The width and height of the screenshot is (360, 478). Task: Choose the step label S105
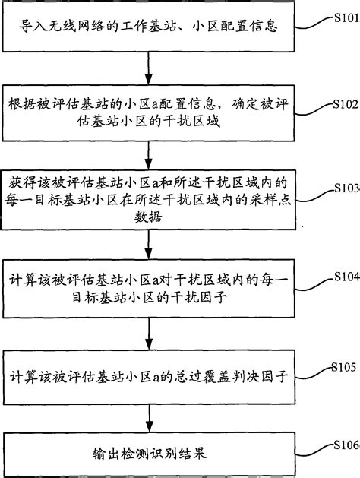click(x=342, y=366)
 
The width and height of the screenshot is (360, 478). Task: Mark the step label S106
click(x=342, y=445)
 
